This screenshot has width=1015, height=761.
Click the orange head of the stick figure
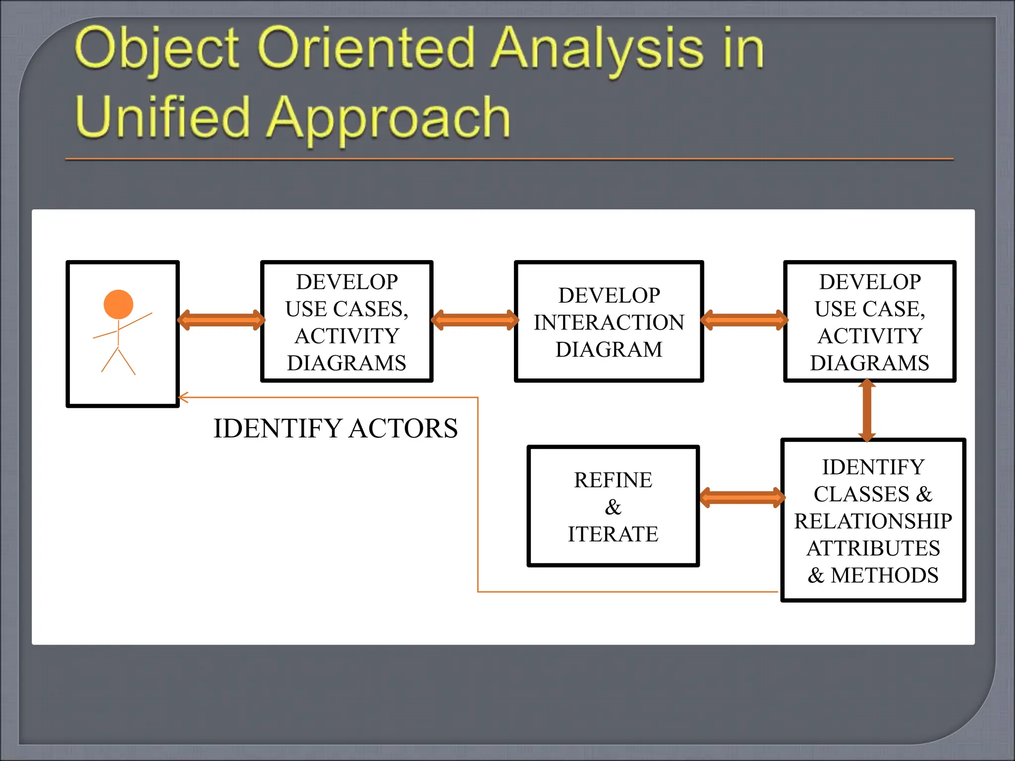click(x=118, y=304)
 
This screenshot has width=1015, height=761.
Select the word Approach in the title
click(x=388, y=119)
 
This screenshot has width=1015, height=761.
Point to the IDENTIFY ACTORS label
click(x=336, y=429)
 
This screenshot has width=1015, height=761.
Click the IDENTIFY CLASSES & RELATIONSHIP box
click(x=873, y=520)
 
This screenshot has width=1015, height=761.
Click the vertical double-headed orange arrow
click(x=867, y=410)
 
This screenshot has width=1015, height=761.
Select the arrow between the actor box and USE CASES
click(x=221, y=320)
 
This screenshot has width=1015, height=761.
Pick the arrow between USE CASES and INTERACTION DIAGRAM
click(x=475, y=320)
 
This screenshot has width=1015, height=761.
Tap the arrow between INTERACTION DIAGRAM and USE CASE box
click(x=744, y=320)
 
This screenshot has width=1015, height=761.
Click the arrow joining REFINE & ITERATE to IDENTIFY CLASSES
click(x=742, y=497)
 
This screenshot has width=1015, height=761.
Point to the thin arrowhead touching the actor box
click(x=182, y=397)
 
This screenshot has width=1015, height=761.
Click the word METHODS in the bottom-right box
click(x=884, y=575)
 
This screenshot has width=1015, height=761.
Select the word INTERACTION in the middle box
click(x=609, y=323)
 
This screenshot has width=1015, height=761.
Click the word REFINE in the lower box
click(x=613, y=480)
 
